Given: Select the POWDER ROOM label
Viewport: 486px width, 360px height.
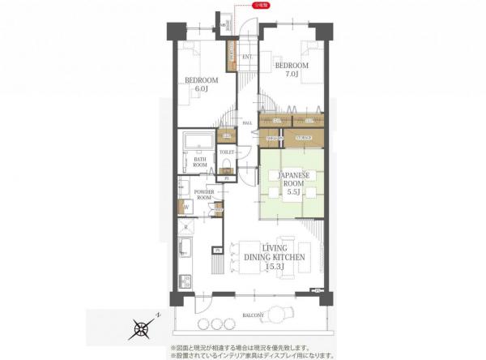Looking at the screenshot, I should pyautogui.click(x=203, y=195).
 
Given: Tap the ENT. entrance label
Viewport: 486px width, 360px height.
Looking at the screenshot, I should pyautogui.click(x=246, y=56).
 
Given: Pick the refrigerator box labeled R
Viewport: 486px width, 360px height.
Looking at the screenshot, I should pyautogui.click(x=186, y=228).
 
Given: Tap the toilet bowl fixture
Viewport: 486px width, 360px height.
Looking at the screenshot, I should pyautogui.click(x=228, y=166).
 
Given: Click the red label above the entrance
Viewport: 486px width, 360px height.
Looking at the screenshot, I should pyautogui.click(x=262, y=5).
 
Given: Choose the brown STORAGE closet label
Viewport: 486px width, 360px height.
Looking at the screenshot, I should pyautogui.click(x=304, y=139).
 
